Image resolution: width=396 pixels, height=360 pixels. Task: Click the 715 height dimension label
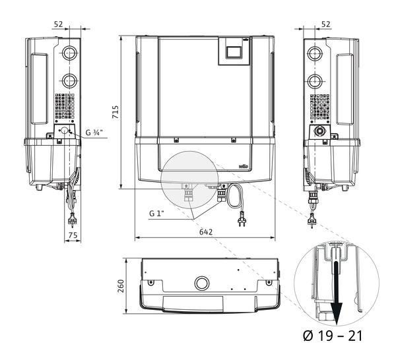tap(115, 112)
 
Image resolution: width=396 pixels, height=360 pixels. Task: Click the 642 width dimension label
tap(206, 231)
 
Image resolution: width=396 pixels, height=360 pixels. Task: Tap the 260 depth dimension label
tap(121, 286)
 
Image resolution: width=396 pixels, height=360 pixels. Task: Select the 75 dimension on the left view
tap(73, 235)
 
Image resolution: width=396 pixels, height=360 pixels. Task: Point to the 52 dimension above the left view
tap(58, 24)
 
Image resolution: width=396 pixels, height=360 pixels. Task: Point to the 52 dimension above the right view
tap(325, 24)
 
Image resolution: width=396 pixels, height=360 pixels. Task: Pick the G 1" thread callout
tap(156, 214)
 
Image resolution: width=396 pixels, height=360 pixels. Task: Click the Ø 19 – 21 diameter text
tap(333, 336)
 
